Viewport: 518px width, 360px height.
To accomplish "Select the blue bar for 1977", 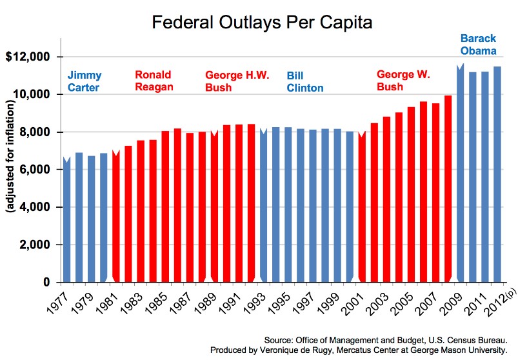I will pos(66,219).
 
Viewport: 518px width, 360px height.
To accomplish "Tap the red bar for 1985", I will pos(165,206).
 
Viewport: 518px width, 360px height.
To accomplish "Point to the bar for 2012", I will pos(497,174).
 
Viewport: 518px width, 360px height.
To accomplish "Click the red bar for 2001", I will pos(362,207).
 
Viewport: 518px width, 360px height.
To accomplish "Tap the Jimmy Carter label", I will pos(85,81).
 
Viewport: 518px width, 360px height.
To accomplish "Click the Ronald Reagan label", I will pos(153,81).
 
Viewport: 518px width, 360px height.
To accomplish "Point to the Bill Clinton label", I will pos(304,81).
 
